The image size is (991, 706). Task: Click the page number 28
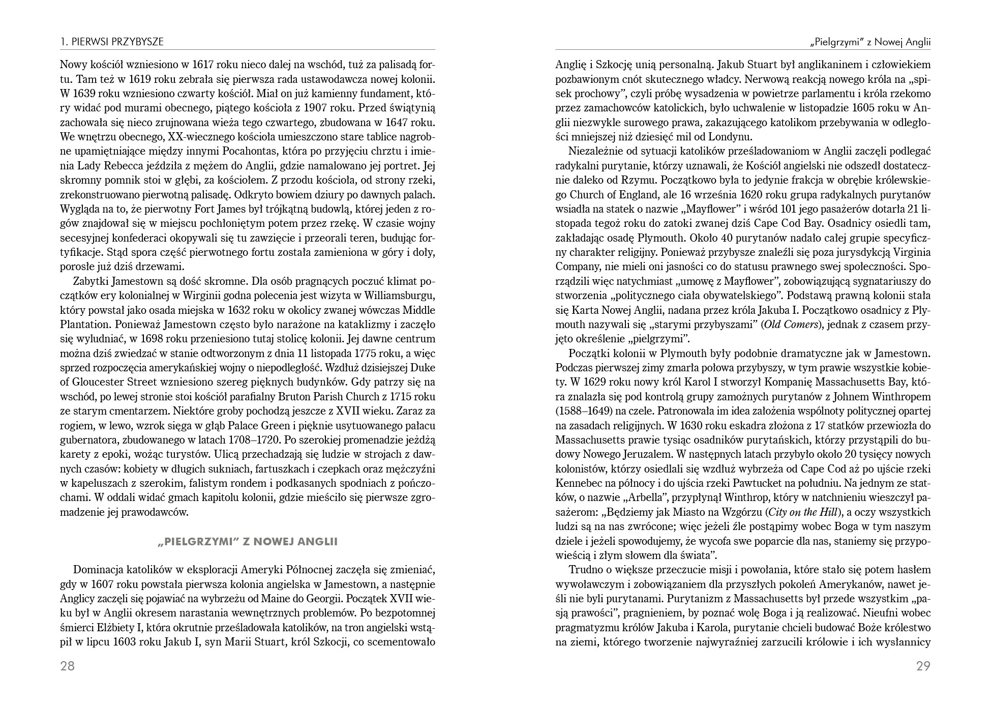tap(67, 666)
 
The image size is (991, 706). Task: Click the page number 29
tap(923, 666)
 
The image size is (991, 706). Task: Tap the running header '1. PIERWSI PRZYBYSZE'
tap(112, 42)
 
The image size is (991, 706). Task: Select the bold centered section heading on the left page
tap(248, 542)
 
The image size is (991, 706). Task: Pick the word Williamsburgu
tap(397, 296)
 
